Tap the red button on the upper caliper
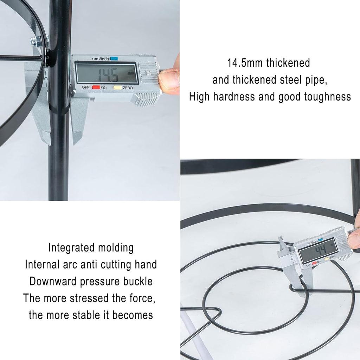pos(96,87)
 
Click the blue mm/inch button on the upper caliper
pos(114,59)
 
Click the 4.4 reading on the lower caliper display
pos(321,250)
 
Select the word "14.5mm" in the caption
pos(245,63)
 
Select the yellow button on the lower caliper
pos(327,259)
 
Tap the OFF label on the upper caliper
pos(85,87)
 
